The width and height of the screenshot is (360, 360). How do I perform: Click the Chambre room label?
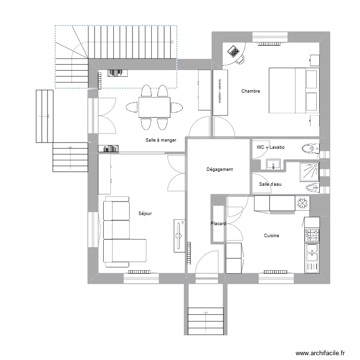point(251,91)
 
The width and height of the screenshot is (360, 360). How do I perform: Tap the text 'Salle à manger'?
point(161,140)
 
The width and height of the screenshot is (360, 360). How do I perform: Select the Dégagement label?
point(219,169)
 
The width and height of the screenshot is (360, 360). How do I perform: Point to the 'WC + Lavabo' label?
point(271,147)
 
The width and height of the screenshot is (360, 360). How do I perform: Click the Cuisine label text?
point(271,236)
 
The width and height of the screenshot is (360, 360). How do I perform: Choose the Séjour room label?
point(145,214)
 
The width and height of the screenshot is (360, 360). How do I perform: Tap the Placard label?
point(218,224)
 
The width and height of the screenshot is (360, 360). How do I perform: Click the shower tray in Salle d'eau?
point(310,171)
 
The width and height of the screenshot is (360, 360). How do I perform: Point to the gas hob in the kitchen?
point(313,235)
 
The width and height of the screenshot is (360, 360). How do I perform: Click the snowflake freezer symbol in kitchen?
point(303,204)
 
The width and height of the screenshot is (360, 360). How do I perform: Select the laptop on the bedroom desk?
point(233,50)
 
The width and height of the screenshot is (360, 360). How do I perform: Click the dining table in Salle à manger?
point(154,107)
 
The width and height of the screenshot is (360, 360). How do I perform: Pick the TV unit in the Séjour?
point(179,235)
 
